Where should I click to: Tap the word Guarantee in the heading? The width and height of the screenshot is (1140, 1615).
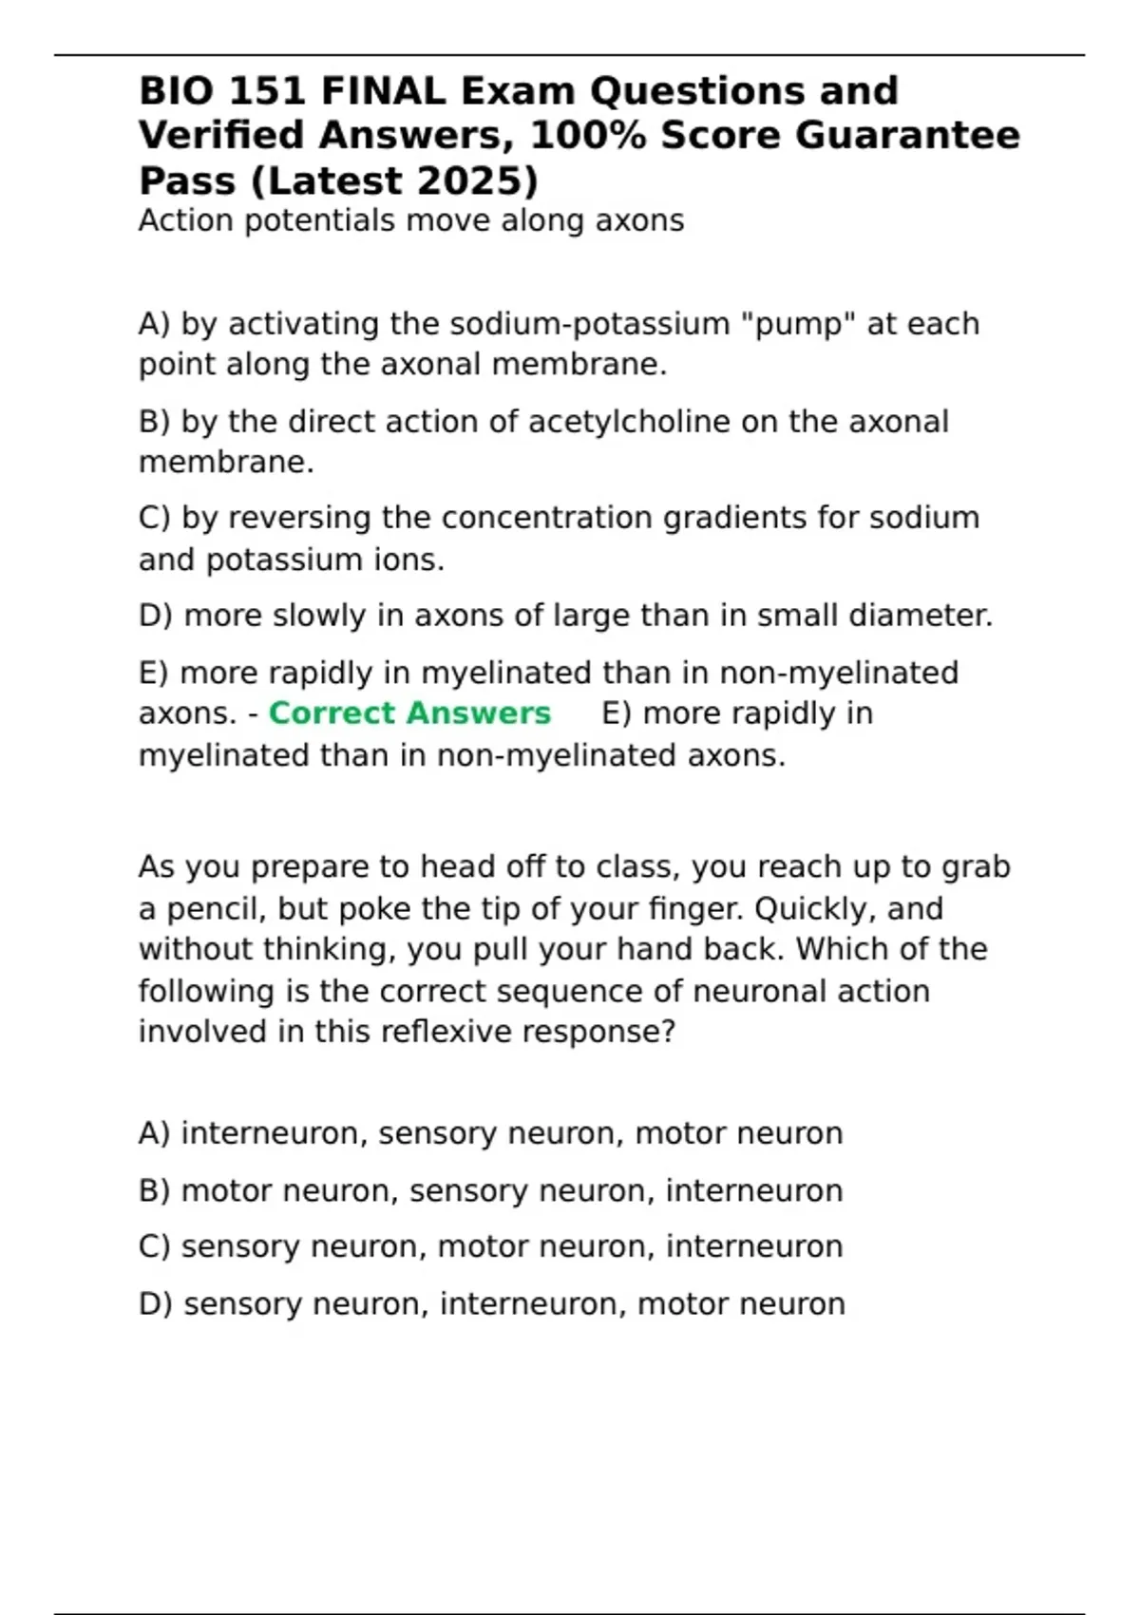(907, 135)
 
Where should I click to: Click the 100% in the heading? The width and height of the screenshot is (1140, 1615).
(586, 135)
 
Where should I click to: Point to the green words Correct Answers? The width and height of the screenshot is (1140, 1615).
(409, 713)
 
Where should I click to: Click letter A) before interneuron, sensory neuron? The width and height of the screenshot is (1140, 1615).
(154, 1133)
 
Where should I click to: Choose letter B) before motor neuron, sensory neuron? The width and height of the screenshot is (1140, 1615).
(154, 1190)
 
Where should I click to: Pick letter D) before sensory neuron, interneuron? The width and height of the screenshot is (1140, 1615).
(155, 1304)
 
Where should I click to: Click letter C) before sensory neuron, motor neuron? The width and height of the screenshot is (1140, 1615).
(154, 1246)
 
